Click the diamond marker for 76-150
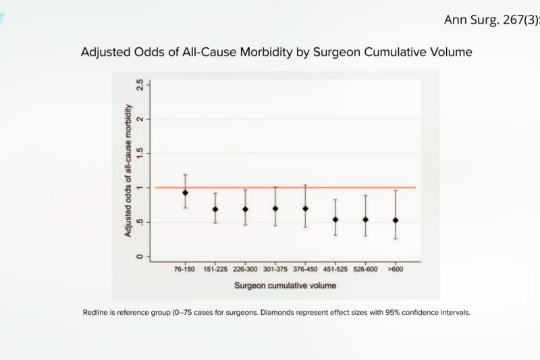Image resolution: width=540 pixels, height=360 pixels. click(x=185, y=192)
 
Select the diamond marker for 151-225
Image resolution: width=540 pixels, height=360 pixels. click(x=215, y=209)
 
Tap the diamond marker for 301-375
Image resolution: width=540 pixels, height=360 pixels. click(x=275, y=209)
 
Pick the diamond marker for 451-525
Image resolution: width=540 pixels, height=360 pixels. click(x=335, y=220)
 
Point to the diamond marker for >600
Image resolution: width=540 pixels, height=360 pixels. click(x=395, y=220)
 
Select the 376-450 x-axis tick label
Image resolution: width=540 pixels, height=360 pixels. click(x=304, y=269)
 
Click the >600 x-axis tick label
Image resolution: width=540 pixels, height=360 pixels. click(x=395, y=269)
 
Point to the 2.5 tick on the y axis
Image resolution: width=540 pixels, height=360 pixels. click(x=140, y=84)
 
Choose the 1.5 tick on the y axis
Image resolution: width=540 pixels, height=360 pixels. click(x=140, y=153)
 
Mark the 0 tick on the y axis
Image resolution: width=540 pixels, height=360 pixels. click(x=140, y=257)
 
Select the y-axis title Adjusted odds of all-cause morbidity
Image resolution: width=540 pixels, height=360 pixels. click(x=128, y=170)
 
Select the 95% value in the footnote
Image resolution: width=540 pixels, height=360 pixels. click(x=379, y=312)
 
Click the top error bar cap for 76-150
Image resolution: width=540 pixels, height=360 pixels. click(x=185, y=174)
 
